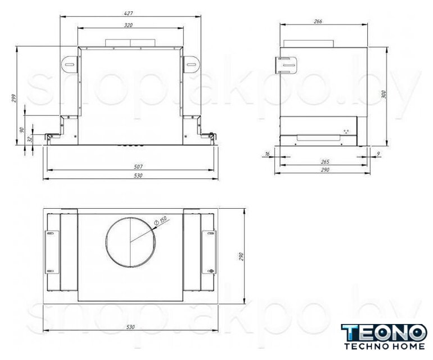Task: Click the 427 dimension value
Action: (128, 13)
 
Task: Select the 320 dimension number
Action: (128, 25)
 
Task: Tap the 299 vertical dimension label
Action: (14, 98)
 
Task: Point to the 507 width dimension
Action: (138, 166)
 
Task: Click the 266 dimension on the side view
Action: (318, 21)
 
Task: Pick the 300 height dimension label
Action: (384, 94)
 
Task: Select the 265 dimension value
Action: (325, 161)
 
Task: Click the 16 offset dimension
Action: (267, 154)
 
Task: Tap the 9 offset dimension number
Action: (378, 154)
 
